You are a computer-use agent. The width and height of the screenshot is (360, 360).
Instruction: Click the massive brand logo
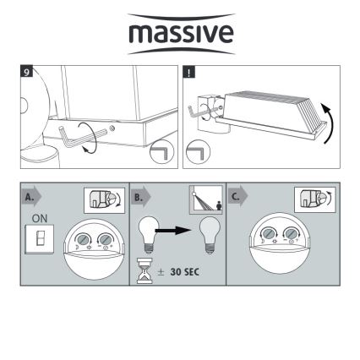point(181,34)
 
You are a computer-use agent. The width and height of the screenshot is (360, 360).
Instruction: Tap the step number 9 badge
point(27,72)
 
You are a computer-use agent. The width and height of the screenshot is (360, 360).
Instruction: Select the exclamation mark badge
point(188,72)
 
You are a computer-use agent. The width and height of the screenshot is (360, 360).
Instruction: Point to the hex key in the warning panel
point(201,112)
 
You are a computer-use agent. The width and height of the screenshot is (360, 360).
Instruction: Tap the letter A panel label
point(30,197)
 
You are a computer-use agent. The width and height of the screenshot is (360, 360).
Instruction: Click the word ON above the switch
point(40,218)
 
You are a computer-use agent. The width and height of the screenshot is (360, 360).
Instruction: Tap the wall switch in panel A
point(39,239)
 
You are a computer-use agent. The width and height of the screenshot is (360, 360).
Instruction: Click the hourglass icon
point(145,270)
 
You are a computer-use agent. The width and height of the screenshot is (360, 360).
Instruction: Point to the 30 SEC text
point(185,272)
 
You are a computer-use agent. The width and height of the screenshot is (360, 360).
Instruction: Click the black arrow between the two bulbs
point(172,231)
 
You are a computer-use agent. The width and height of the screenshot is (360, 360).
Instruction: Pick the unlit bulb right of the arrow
point(209,235)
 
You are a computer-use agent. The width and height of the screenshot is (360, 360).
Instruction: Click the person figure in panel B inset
point(219,205)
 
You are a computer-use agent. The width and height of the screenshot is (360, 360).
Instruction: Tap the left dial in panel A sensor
point(83,239)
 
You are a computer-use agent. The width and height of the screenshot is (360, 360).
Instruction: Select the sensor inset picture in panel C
point(315,199)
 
